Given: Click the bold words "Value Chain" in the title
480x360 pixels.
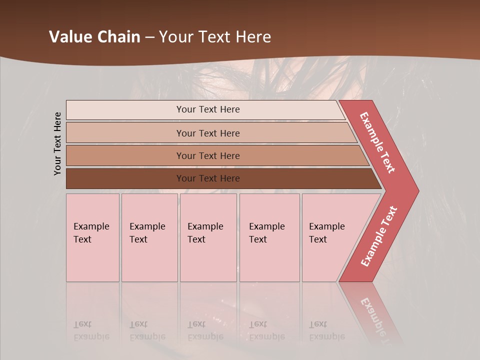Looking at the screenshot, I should point(94,37).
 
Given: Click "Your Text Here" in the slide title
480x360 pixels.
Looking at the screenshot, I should point(215,37).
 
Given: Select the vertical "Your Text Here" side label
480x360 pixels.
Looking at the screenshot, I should point(57,143).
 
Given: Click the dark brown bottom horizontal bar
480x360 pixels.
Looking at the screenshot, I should point(125,178).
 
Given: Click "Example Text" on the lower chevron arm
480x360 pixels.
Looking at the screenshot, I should point(379,236).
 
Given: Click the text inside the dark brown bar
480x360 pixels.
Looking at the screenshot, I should point(208,178).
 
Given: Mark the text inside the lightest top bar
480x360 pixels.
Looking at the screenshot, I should point(208,109).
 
